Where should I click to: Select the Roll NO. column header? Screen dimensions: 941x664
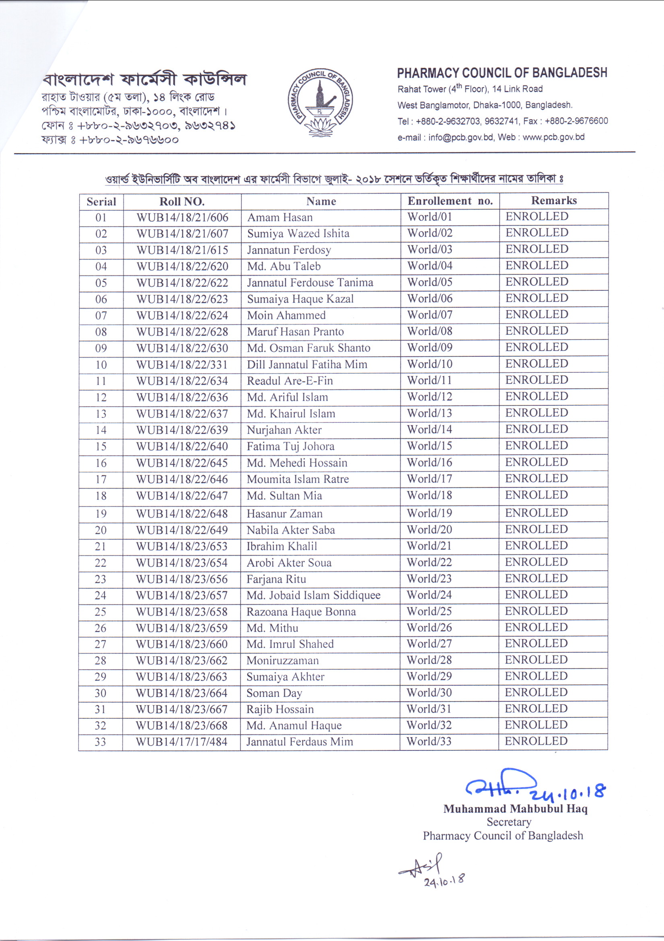click(x=182, y=201)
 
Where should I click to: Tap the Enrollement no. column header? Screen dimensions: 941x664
click(x=450, y=201)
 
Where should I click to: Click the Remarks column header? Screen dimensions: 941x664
click(x=554, y=200)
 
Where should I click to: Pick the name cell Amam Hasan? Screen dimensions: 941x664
click(x=280, y=217)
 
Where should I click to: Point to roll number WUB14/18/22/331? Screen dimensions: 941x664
click(x=182, y=364)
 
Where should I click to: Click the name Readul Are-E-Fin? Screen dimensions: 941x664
click(x=290, y=381)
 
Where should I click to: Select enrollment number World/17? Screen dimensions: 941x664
click(x=430, y=479)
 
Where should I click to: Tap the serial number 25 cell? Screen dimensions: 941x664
click(x=101, y=612)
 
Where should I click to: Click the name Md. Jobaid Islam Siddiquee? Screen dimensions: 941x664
click(x=314, y=595)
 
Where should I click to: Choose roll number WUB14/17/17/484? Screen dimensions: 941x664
click(x=181, y=742)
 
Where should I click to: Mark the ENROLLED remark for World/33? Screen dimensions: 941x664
click(x=536, y=741)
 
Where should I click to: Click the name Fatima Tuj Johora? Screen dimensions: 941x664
click(x=291, y=446)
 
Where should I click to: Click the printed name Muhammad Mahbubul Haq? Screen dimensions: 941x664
click(x=515, y=809)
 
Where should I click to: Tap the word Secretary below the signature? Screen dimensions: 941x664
click(x=509, y=822)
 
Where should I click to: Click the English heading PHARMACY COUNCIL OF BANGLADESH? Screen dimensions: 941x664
click(x=502, y=73)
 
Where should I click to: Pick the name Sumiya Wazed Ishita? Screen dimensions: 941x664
click(x=298, y=234)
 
